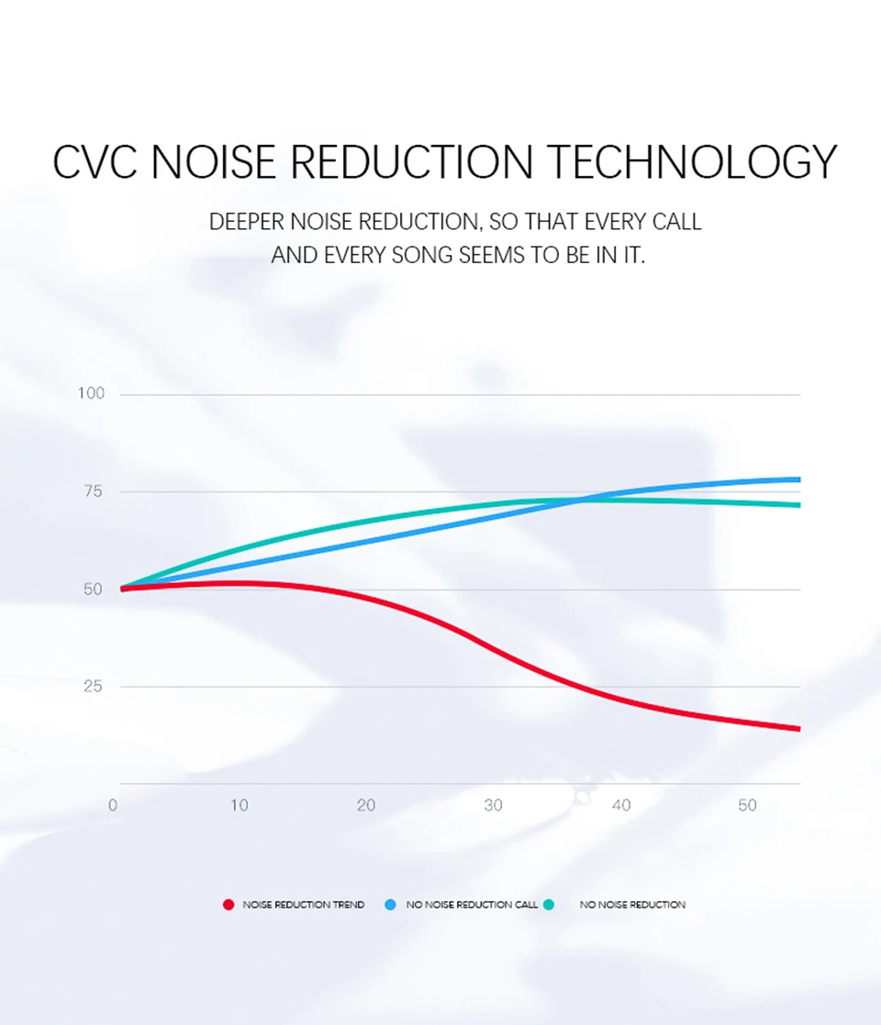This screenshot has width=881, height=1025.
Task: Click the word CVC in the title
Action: tap(95, 161)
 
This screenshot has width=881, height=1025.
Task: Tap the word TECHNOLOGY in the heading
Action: tap(691, 161)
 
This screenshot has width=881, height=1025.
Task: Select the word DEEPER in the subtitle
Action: tap(247, 222)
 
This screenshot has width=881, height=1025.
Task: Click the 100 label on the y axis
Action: tap(91, 393)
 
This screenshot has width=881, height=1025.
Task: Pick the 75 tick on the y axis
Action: tap(93, 490)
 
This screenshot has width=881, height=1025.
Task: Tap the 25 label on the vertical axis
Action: tap(93, 686)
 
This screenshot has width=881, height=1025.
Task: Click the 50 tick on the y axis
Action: tap(93, 589)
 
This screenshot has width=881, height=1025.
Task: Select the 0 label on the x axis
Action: tap(113, 805)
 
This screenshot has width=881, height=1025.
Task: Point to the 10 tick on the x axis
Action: tap(239, 805)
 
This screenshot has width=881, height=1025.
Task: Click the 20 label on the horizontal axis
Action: tap(366, 805)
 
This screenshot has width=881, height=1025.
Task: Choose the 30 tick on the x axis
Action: tap(493, 805)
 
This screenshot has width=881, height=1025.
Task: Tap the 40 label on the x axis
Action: tap(621, 805)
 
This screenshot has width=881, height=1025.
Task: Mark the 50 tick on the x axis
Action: tap(748, 805)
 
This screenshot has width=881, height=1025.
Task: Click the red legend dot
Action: tap(229, 905)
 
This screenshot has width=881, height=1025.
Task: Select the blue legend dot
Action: tap(390, 905)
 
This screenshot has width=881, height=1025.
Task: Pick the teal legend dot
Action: tap(549, 905)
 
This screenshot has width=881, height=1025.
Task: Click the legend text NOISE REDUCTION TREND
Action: tap(304, 905)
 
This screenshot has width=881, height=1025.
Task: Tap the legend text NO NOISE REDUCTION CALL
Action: tap(472, 905)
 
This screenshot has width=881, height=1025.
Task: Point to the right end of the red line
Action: tap(799, 729)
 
